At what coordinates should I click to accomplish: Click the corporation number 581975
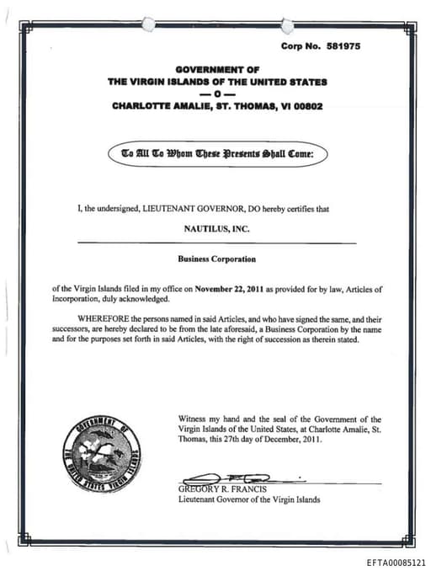point(343,46)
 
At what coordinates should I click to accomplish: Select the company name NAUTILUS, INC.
point(217,228)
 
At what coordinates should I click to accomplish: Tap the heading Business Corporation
point(217,259)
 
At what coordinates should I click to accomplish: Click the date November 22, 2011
point(231,289)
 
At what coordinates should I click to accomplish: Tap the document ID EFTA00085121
point(396,560)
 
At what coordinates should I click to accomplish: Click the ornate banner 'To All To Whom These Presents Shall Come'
point(217,154)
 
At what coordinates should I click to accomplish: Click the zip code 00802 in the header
point(306,107)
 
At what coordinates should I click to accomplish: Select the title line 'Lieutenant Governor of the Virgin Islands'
point(249,499)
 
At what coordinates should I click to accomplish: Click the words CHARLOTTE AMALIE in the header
point(154,107)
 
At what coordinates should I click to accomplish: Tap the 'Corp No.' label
point(298,46)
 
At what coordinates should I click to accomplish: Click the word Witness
point(194,419)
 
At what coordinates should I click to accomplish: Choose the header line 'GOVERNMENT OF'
point(217,68)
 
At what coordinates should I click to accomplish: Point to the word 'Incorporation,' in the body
point(76,299)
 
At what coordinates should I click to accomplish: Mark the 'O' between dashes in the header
point(217,94)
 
